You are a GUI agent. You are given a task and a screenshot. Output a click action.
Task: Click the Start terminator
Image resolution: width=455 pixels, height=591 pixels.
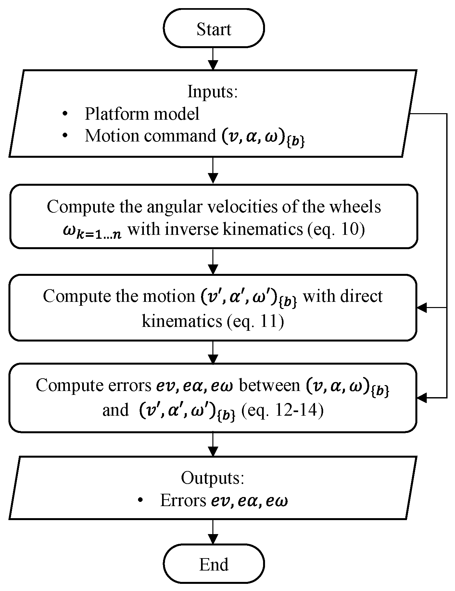(x=214, y=29)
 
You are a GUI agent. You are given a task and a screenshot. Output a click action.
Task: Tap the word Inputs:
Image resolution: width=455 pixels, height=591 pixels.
(x=213, y=92)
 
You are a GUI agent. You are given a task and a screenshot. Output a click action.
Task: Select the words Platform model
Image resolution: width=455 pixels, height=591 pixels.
(x=142, y=114)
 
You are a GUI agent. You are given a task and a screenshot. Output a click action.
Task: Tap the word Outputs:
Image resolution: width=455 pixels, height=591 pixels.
(x=212, y=478)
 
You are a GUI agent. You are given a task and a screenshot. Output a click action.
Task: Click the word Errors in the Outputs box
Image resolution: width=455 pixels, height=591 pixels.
(x=183, y=501)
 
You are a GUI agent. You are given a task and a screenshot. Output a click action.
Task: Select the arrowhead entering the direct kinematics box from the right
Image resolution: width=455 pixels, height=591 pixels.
(x=422, y=307)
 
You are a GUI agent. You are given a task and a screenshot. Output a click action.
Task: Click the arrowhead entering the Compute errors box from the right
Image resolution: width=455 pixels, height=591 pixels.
(x=422, y=397)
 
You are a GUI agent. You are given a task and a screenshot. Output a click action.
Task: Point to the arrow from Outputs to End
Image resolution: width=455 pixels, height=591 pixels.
(x=213, y=532)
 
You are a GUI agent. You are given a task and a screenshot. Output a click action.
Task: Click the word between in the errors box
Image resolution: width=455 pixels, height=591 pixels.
(x=269, y=386)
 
